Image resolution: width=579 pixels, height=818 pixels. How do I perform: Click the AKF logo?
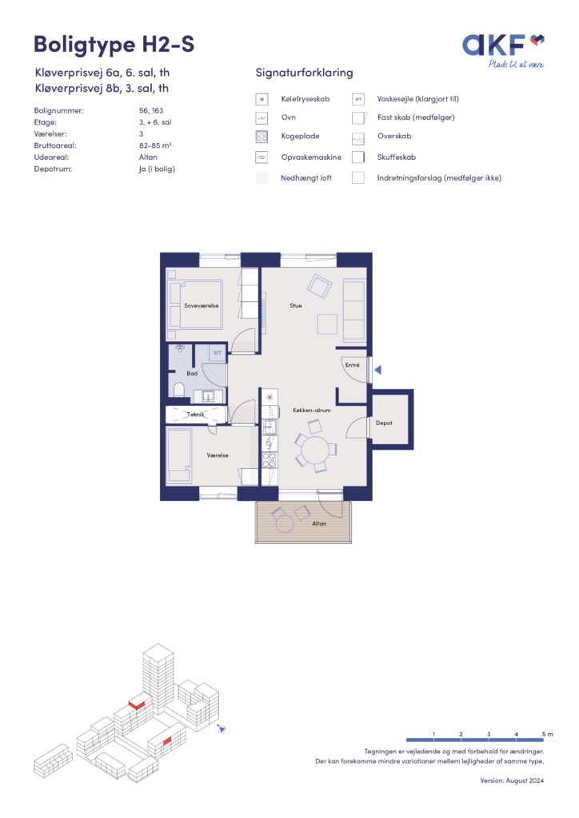(x=503, y=50)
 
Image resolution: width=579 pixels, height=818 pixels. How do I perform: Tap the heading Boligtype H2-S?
(x=114, y=45)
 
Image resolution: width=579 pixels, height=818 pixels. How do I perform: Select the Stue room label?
(x=296, y=306)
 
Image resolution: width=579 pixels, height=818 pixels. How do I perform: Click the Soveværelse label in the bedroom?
(x=201, y=306)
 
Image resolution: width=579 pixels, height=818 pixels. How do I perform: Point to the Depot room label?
(x=384, y=423)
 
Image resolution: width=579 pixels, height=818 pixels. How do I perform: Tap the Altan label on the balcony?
(x=319, y=523)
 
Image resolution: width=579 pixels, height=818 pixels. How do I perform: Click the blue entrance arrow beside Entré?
(x=378, y=370)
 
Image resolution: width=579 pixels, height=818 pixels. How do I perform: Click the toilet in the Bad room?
(x=178, y=390)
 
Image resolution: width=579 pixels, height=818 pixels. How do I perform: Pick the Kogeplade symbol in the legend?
(x=262, y=137)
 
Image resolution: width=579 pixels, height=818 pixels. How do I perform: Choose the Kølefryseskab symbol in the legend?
(x=262, y=99)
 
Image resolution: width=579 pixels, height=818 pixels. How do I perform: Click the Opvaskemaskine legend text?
(x=311, y=157)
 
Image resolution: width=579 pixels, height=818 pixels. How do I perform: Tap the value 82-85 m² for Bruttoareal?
(x=155, y=145)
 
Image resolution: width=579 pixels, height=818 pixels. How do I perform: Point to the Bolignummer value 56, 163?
(x=151, y=110)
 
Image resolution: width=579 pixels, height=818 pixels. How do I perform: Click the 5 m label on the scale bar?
(x=547, y=734)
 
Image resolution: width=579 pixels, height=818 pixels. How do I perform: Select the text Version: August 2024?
(x=512, y=780)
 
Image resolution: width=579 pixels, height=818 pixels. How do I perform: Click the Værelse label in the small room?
(x=218, y=455)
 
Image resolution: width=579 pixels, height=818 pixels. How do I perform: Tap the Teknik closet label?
(x=196, y=415)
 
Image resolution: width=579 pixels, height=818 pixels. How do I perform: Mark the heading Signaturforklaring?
(x=304, y=73)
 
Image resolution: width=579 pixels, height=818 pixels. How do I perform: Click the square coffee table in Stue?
(x=327, y=324)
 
